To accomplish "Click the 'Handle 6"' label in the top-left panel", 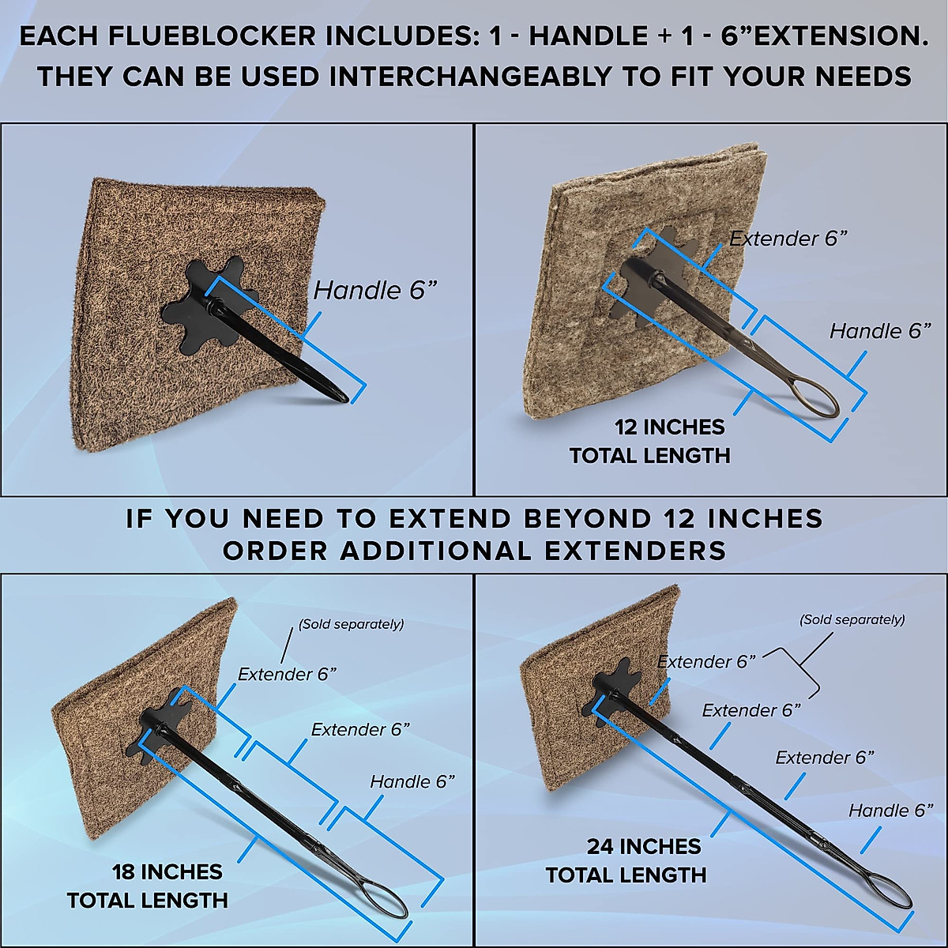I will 375,290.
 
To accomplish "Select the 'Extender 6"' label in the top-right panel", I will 788,239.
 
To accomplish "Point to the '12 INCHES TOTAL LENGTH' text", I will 649,441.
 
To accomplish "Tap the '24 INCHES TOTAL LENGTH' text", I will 626,860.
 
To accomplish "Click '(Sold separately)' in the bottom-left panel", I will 351,624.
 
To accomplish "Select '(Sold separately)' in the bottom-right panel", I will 852,619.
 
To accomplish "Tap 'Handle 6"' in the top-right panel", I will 880,331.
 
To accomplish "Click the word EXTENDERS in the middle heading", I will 627,550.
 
